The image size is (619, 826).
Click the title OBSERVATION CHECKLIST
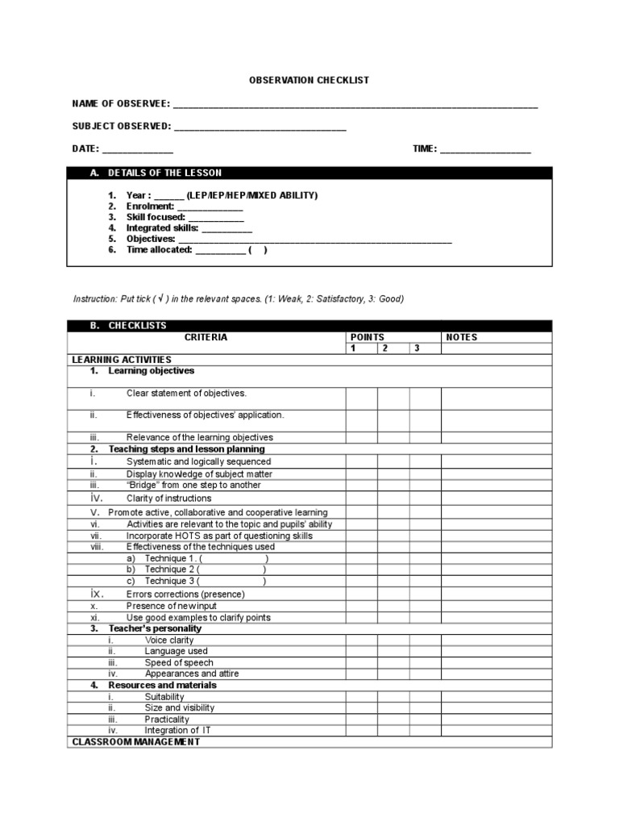[x=309, y=81]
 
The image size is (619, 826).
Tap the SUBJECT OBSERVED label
[x=121, y=127]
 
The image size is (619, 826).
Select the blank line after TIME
[x=485, y=150]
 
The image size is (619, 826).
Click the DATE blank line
[x=137, y=150]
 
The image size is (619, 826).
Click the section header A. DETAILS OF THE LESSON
[x=164, y=173]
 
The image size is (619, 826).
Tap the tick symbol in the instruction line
[x=162, y=298]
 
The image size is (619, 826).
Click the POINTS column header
[x=368, y=337]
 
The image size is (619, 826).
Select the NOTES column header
[x=462, y=337]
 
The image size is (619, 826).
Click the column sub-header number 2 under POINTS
[x=384, y=348]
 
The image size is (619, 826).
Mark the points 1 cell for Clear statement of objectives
[x=362, y=398]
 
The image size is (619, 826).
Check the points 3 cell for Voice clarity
[x=425, y=640]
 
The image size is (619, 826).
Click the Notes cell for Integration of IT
[x=496, y=730]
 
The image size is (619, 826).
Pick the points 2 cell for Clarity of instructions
[x=393, y=499]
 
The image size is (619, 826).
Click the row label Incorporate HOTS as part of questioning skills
[x=219, y=536]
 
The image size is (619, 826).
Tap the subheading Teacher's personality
[x=155, y=628]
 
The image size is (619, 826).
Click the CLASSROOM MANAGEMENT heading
[x=136, y=741]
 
